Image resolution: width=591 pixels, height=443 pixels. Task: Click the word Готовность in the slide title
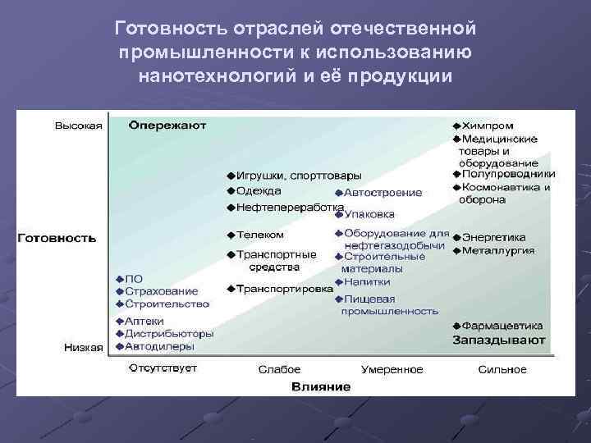pos(169,29)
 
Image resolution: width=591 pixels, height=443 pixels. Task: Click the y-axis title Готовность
pos(57,238)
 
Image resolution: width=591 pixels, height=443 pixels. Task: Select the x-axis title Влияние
pos(321,386)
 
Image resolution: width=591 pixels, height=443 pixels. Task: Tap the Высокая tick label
pos(78,126)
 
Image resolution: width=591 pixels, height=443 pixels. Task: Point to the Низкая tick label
pos(84,347)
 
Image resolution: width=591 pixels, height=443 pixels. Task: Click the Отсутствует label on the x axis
pos(163,369)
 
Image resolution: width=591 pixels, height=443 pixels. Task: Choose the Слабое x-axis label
pos(279,370)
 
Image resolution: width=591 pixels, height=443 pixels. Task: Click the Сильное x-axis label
pos(502,370)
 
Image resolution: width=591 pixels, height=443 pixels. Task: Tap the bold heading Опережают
pos(168,126)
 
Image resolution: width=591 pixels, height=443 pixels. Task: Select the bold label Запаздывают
pos(498,339)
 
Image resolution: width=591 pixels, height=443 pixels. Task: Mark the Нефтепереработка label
pos(289,208)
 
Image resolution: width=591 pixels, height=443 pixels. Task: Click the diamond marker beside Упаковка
pos(338,214)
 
